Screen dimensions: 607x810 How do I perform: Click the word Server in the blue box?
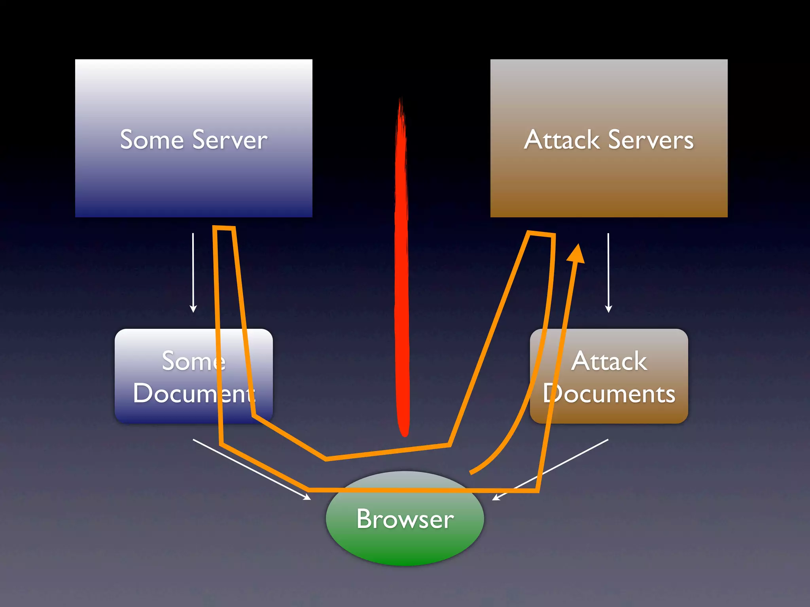(230, 140)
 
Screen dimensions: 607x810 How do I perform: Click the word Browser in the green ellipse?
(405, 519)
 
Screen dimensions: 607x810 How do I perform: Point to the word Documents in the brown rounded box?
(609, 394)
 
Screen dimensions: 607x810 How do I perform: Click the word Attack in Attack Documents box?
(609, 361)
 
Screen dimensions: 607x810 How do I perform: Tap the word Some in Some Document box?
(193, 361)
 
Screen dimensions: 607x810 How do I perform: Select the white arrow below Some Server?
(193, 273)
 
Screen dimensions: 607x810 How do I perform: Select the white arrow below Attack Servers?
(608, 273)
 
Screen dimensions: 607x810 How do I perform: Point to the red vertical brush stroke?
(402, 277)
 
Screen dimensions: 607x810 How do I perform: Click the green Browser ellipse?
(405, 545)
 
